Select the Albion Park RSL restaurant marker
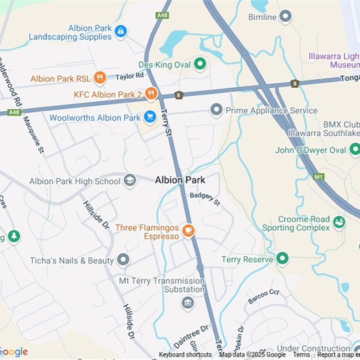click(x=100, y=78)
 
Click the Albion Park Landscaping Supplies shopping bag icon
click(x=121, y=31)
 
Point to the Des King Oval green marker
click(x=200, y=64)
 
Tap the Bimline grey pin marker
click(x=285, y=17)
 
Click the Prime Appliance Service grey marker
click(x=216, y=110)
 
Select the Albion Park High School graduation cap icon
click(x=130, y=181)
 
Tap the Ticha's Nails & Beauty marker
click(x=123, y=260)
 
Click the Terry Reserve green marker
click(x=282, y=259)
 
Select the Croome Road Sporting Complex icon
click(x=339, y=222)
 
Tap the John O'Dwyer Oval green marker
click(x=355, y=149)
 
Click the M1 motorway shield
click(x=319, y=176)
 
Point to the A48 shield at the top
click(x=162, y=15)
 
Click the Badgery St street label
click(x=205, y=198)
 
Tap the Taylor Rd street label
click(x=129, y=76)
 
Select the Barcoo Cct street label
click(x=263, y=297)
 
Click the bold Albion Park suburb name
click(x=180, y=180)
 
